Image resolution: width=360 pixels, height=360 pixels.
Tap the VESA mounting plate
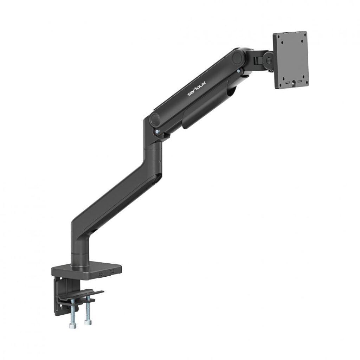point(291,60)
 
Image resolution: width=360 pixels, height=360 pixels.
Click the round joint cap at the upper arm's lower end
point(155,119)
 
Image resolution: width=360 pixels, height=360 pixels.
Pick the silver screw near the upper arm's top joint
point(239,71)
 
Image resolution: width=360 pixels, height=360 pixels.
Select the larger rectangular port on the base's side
point(112,272)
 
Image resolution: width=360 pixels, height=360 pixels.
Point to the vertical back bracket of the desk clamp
point(59,295)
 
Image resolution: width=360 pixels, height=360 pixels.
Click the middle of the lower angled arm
point(116,197)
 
